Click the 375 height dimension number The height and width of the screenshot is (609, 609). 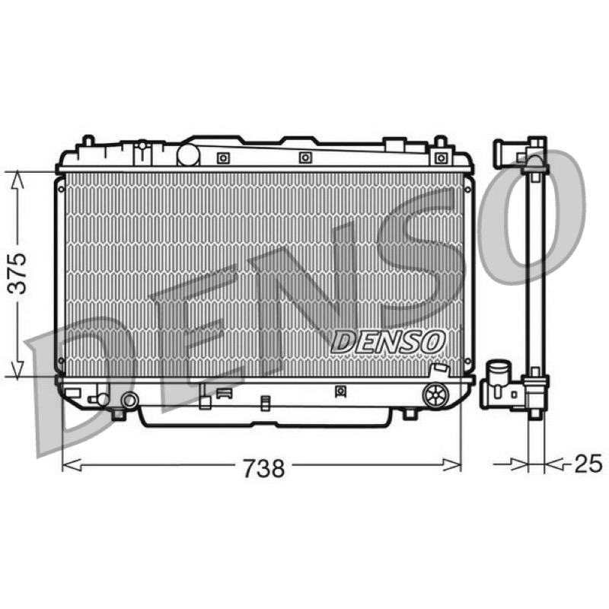(18, 273)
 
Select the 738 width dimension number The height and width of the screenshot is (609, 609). (264, 468)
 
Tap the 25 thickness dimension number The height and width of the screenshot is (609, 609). (588, 464)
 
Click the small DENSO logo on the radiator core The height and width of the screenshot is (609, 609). (388, 342)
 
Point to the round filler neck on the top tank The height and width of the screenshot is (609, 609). (188, 155)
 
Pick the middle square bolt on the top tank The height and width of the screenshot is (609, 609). (305, 158)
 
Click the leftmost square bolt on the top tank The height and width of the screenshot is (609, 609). (223, 158)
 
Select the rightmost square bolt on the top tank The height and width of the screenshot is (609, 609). (442, 158)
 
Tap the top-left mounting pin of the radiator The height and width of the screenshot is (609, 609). (89, 140)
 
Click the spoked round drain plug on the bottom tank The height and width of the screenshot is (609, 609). (435, 395)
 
